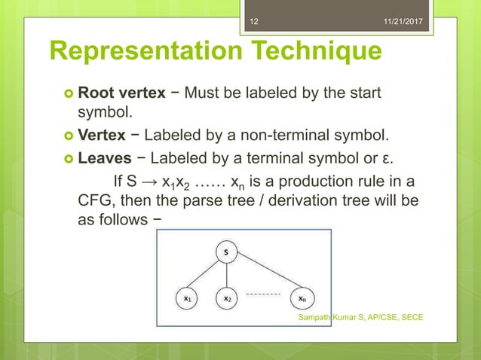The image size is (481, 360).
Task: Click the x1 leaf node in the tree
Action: tap(187, 298)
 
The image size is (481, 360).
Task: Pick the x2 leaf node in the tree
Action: tap(227, 298)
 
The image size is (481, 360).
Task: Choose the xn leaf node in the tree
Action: tap(302, 298)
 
